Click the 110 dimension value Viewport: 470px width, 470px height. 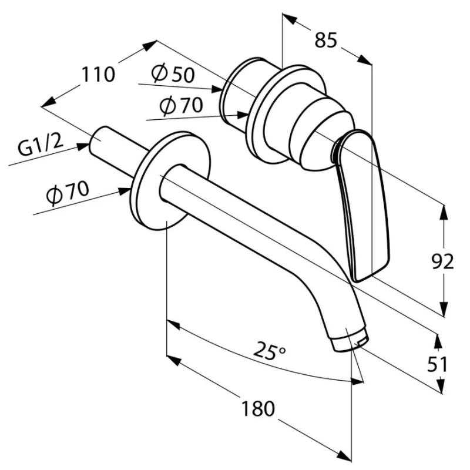click(x=98, y=75)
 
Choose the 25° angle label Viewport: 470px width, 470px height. click(x=270, y=352)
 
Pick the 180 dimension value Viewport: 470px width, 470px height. click(x=257, y=408)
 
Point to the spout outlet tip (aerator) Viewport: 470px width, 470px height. click(x=351, y=341)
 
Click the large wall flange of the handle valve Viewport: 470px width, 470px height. click(x=258, y=115)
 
